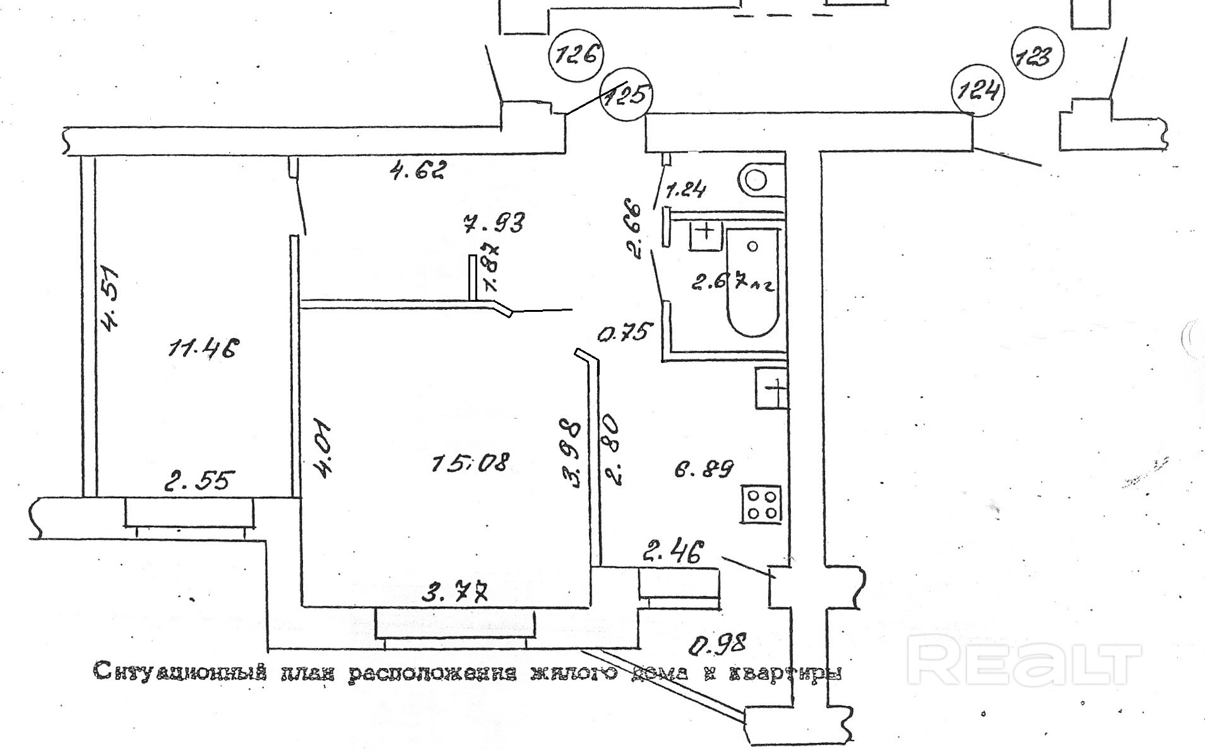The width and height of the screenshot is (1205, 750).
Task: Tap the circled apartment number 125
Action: click(626, 95)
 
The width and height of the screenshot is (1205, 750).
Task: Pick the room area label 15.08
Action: click(470, 464)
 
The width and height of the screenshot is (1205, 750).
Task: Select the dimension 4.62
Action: click(418, 170)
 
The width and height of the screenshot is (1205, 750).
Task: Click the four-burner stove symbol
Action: click(762, 504)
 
